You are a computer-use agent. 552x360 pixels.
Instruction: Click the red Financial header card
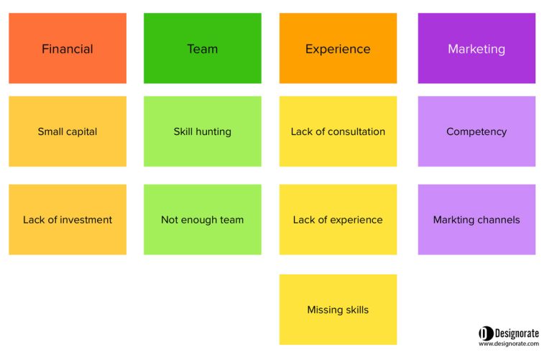[68, 48]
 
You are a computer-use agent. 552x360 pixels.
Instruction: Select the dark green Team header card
[203, 48]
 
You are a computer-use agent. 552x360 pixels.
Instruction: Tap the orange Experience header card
[338, 48]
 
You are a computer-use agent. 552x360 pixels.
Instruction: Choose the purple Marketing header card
[477, 48]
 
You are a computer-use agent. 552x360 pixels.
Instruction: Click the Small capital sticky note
[68, 131]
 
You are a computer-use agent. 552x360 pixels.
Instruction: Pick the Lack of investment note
[68, 219]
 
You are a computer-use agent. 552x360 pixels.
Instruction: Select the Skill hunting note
[203, 131]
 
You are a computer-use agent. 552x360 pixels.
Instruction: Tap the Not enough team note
[203, 219]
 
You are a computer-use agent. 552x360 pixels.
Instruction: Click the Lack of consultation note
[338, 131]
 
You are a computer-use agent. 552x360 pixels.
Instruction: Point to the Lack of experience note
[338, 219]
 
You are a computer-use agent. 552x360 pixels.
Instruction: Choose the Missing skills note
[338, 309]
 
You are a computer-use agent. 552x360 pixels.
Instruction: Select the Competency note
[477, 131]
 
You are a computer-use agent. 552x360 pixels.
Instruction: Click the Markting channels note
[477, 219]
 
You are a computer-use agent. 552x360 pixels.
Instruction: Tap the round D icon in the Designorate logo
[486, 333]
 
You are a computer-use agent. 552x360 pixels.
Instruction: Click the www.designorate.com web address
[509, 343]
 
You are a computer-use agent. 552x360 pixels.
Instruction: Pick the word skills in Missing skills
[356, 310]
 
